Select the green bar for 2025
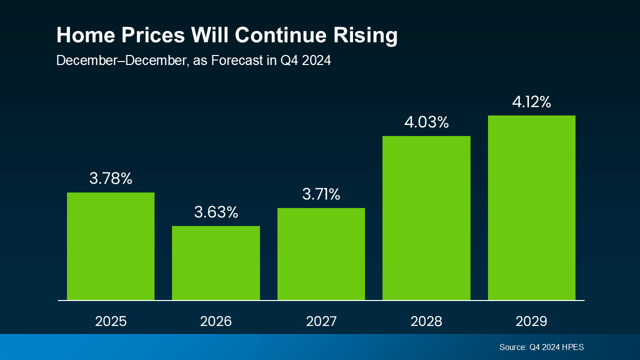coord(110,246)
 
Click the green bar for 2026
coord(216,263)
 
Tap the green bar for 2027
coord(321,254)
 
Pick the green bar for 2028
coord(426,218)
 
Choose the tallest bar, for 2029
coord(531,207)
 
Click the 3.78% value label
coord(110,178)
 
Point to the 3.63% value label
coord(216,212)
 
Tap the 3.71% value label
coord(321,194)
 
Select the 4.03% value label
coord(426,122)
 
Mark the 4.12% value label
coord(531,102)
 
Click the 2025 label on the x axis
coord(110,321)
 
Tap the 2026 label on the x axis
coord(216,321)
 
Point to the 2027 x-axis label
coord(321,321)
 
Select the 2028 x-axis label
coord(426,321)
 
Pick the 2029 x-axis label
coord(531,321)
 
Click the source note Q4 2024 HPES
coord(541,347)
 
